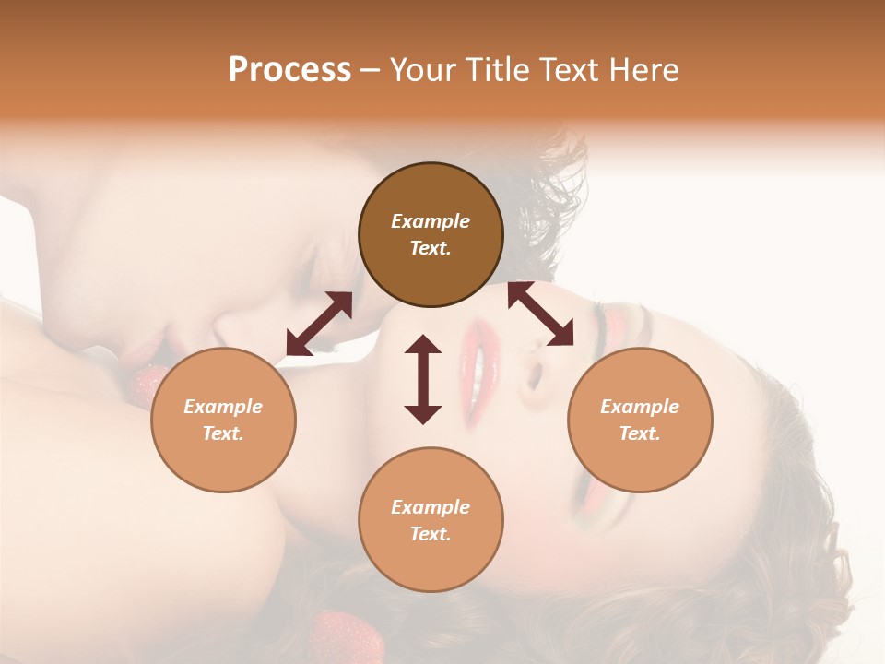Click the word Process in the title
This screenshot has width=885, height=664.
coord(289,70)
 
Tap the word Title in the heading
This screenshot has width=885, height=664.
coord(492,70)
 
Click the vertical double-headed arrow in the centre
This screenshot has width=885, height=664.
coord(423,379)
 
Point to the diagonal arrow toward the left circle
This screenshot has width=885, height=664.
coord(319,324)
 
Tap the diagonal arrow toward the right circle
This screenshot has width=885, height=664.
coord(541,314)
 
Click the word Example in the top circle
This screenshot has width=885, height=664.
coord(431,221)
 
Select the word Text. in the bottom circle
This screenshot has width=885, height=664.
coord(431,534)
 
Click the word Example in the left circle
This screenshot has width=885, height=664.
coord(223,407)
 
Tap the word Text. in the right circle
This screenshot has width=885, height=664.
coord(640,433)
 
